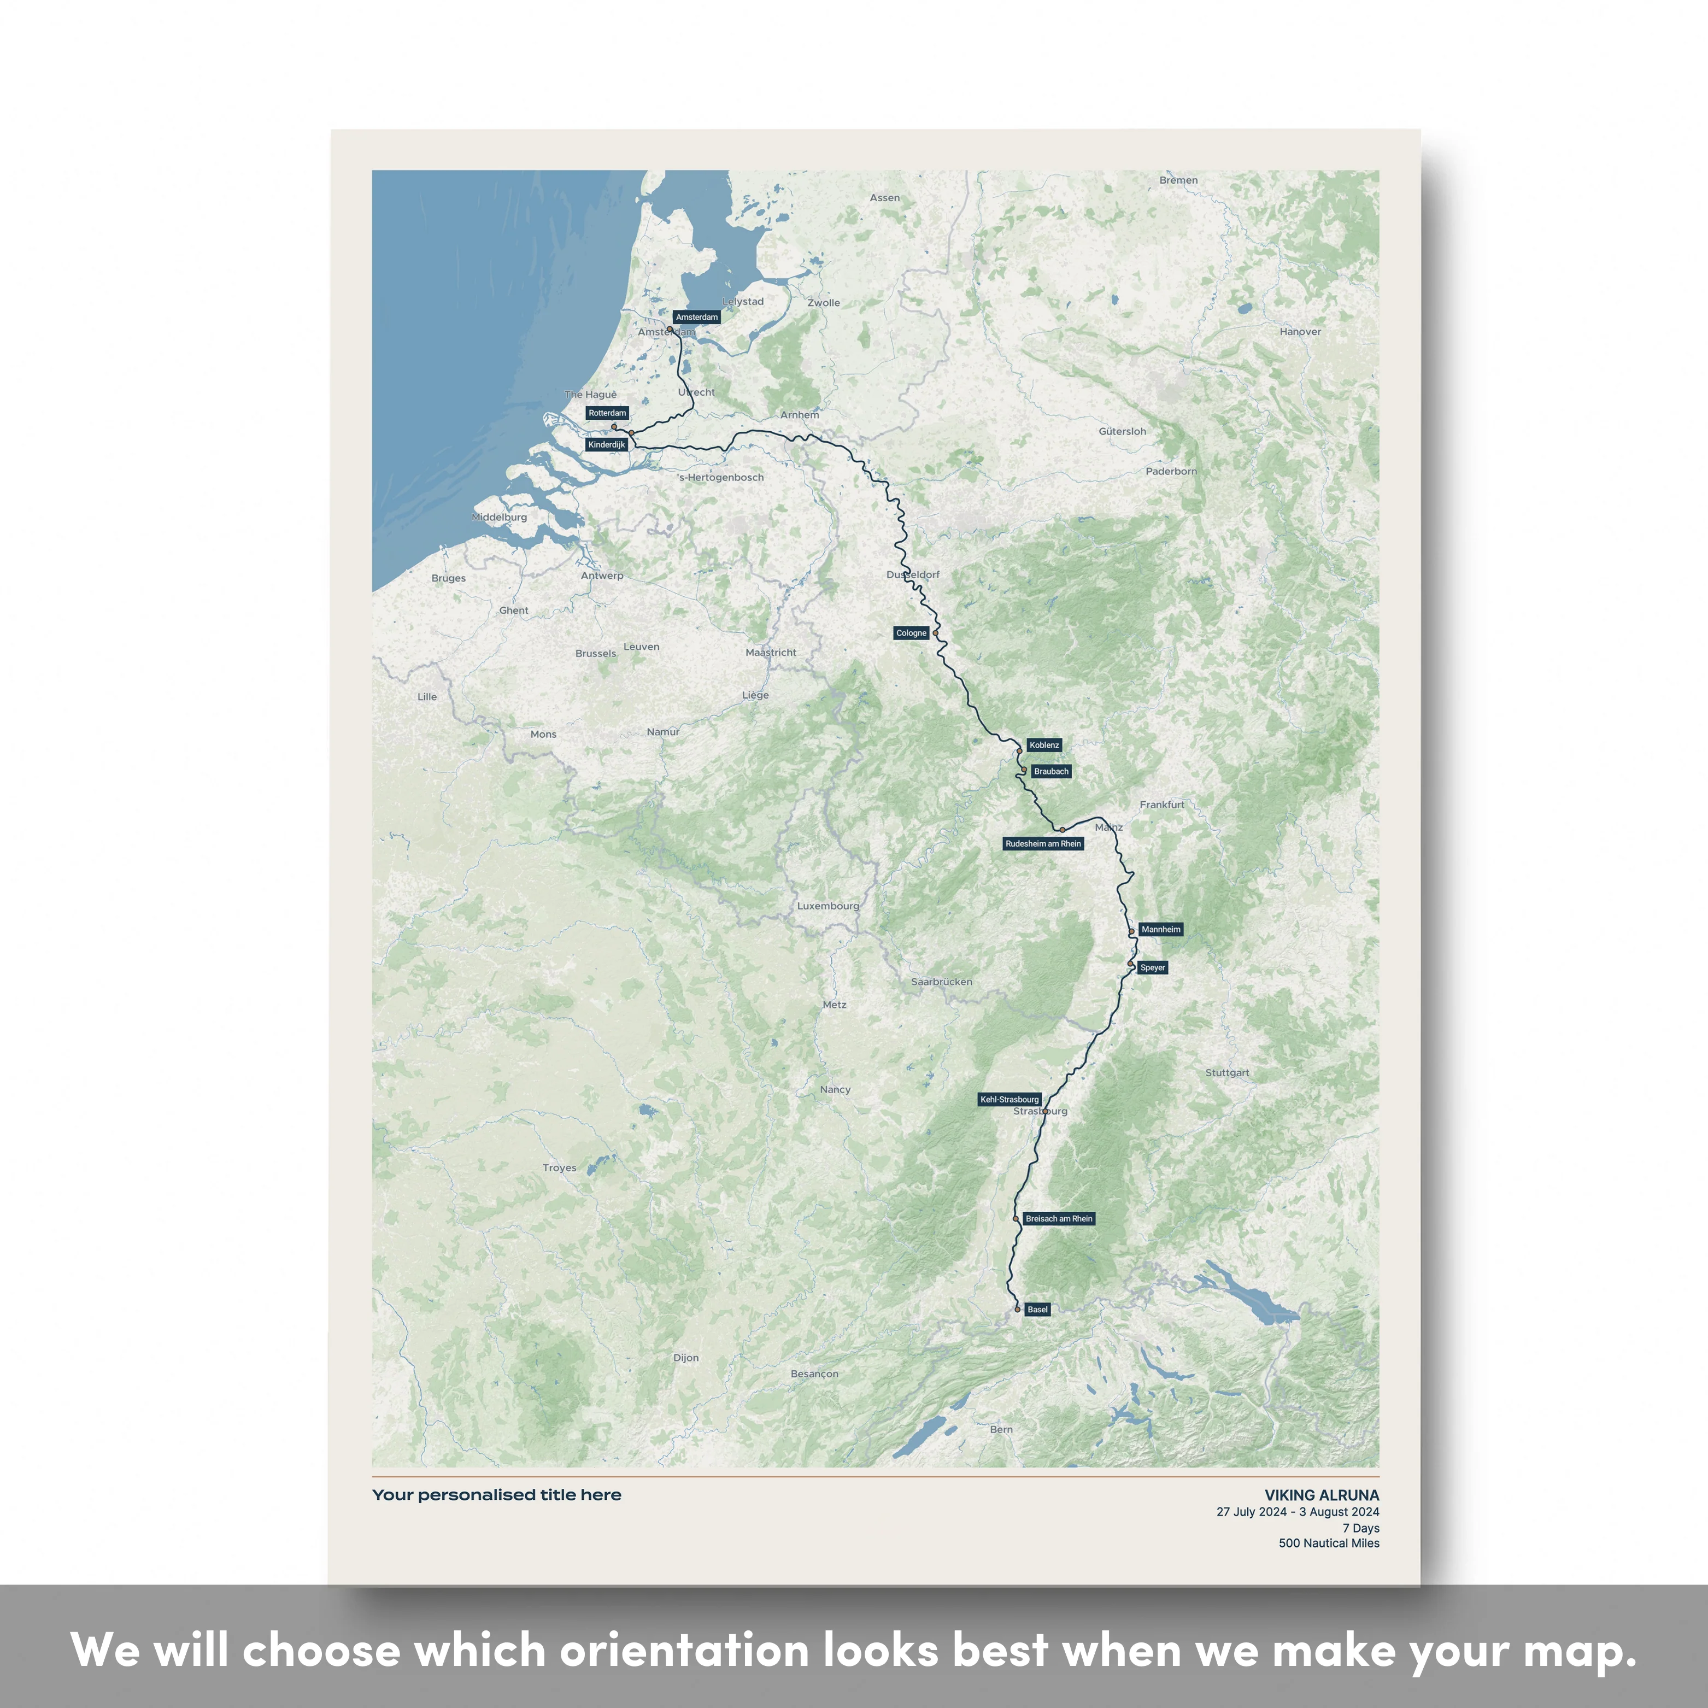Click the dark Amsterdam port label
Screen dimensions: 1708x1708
pos(697,316)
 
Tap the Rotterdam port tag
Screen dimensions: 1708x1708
pos(607,413)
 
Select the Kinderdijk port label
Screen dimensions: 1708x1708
pos(607,445)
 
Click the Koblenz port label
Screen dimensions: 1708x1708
pos(1043,746)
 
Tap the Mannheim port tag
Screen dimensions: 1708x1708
pos(1161,929)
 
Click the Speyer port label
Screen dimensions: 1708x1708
pos(1152,967)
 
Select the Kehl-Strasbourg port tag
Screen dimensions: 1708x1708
pos(1009,1100)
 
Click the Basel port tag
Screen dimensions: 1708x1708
pos(1038,1310)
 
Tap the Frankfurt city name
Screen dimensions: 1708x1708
pos(1161,805)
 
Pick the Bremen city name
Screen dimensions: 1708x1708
pos(1178,180)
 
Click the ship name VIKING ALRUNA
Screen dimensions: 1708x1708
pos(1322,1495)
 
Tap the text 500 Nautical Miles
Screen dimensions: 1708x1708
pos(1329,1543)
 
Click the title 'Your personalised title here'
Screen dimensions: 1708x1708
pos(497,1495)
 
